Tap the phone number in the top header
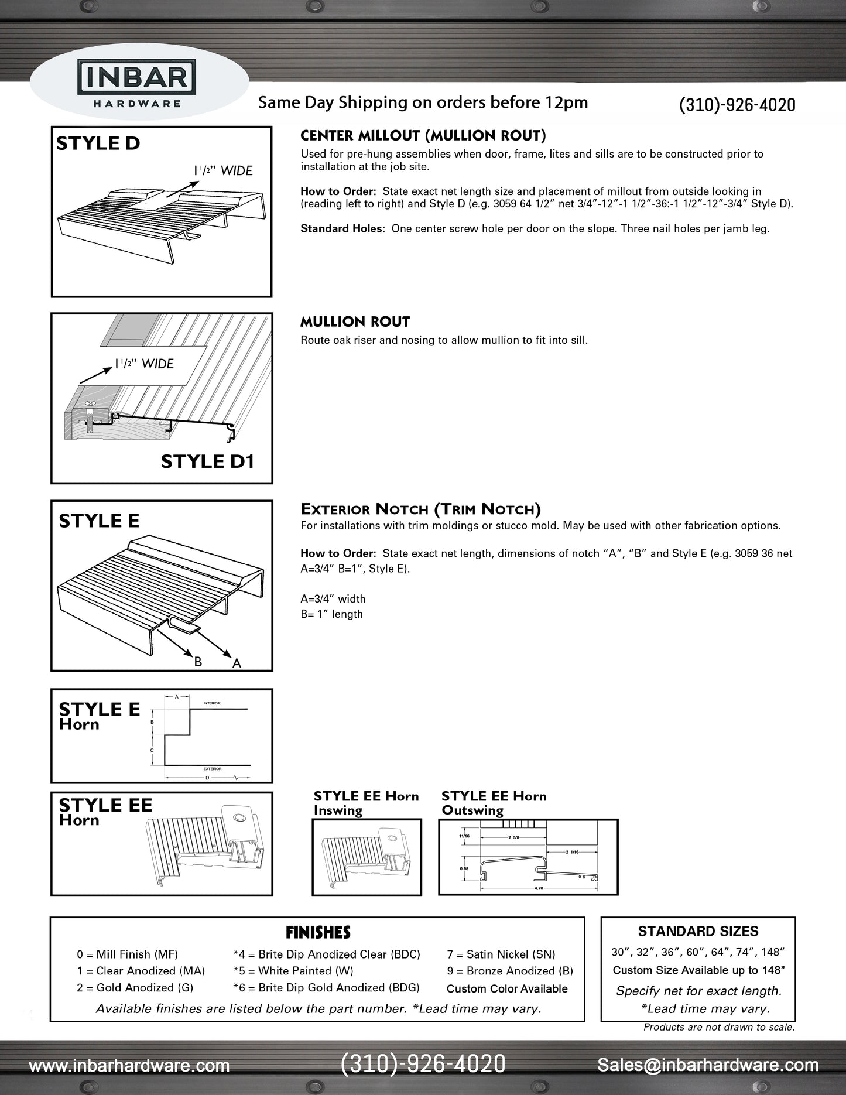tap(737, 105)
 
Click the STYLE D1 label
tap(207, 461)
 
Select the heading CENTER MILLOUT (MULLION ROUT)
tap(423, 136)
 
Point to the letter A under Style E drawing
tap(237, 663)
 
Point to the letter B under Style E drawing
tap(198, 662)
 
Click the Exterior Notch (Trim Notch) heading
tap(420, 509)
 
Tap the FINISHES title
tap(318, 932)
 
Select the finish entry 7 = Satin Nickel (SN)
tap(501, 954)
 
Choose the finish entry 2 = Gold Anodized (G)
tap(135, 987)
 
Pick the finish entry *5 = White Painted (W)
tap(293, 971)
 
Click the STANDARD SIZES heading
tap(698, 931)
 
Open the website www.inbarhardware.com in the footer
tap(129, 1065)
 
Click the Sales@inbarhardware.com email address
tap(707, 1065)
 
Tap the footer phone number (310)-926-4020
tap(423, 1064)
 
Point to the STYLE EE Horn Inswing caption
tap(366, 803)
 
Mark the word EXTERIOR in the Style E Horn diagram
tap(212, 768)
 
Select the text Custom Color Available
tap(507, 988)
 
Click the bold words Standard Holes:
tap(342, 228)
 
